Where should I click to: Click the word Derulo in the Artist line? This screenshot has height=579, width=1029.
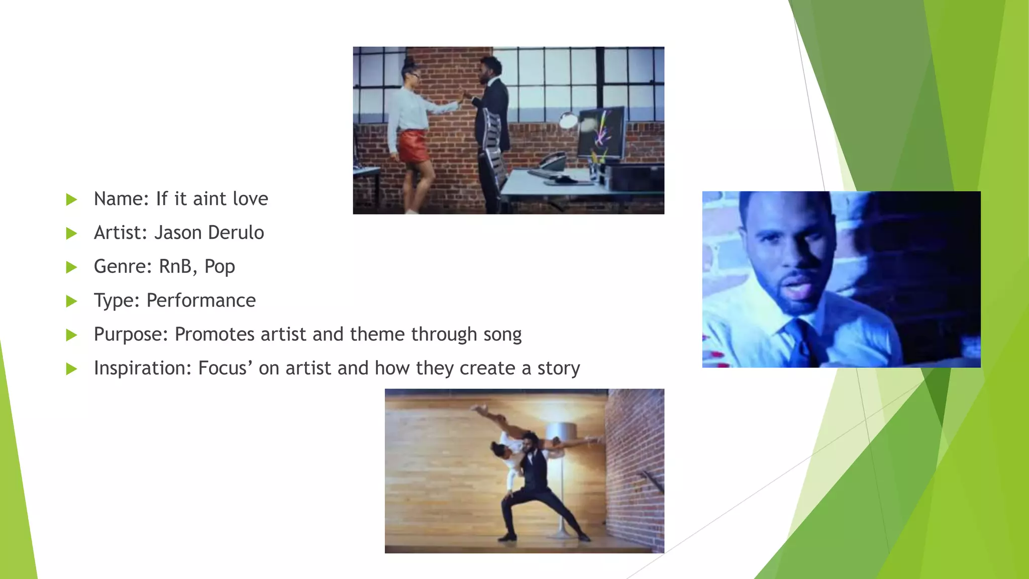[x=236, y=233]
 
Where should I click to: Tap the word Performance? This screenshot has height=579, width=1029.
[x=201, y=301]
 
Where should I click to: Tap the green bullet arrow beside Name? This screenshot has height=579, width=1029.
[x=71, y=200]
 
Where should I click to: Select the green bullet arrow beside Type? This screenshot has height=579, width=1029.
[x=71, y=301]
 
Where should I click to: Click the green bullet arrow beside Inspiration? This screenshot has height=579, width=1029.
[x=71, y=369]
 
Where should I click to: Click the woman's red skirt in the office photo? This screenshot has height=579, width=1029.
[x=414, y=146]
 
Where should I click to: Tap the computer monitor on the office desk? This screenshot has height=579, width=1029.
[x=601, y=132]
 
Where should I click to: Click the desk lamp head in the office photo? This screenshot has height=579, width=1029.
[x=569, y=121]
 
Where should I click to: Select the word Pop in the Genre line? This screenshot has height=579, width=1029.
[x=220, y=266]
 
